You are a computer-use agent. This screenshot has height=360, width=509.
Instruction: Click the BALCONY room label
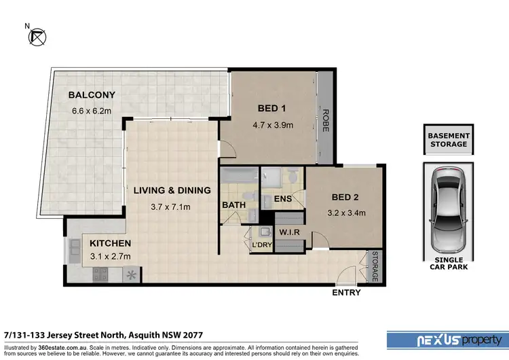click(x=92, y=95)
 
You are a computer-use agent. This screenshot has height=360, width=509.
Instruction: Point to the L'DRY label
click(x=261, y=245)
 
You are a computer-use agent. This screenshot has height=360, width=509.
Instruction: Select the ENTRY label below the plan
click(x=346, y=293)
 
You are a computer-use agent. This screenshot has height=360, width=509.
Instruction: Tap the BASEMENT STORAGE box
click(x=447, y=140)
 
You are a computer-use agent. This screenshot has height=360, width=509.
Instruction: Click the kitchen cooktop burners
click(x=100, y=274)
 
